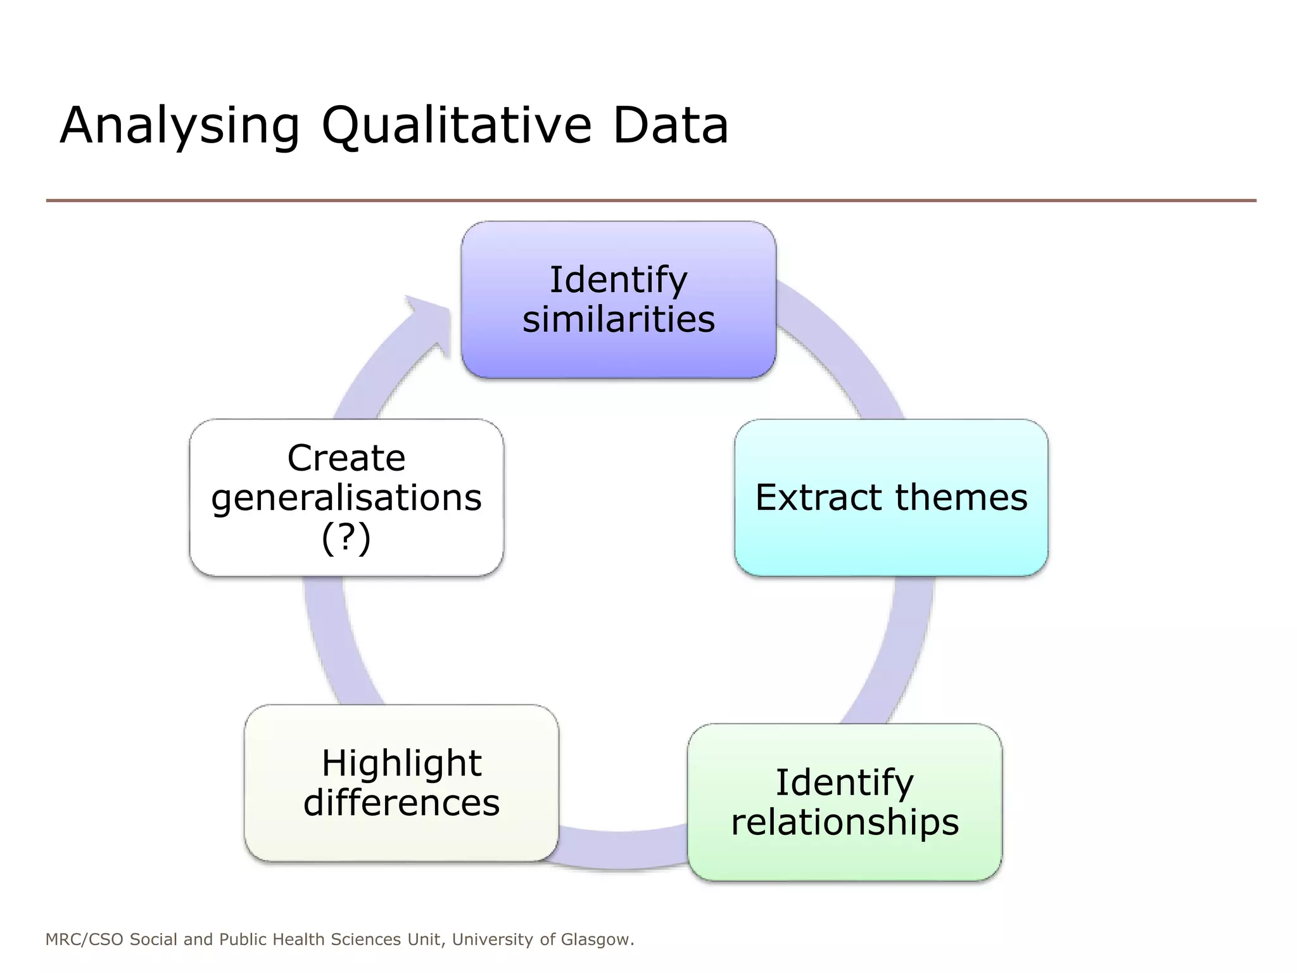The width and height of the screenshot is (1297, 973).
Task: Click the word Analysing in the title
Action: pyautogui.click(x=179, y=125)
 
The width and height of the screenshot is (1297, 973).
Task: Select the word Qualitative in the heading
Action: pyautogui.click(x=457, y=125)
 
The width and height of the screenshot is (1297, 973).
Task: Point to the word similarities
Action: pyautogui.click(x=618, y=319)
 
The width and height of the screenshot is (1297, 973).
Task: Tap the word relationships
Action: pyautogui.click(x=844, y=822)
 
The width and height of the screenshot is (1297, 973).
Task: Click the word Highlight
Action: pyautogui.click(x=401, y=763)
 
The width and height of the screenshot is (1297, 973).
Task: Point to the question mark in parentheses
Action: pyautogui.click(x=346, y=538)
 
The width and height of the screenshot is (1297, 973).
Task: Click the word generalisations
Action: pyautogui.click(x=346, y=498)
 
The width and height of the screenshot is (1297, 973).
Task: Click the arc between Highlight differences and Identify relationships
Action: pyautogui.click(x=621, y=849)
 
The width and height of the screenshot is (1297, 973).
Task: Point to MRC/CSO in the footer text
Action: pyautogui.click(x=84, y=939)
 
